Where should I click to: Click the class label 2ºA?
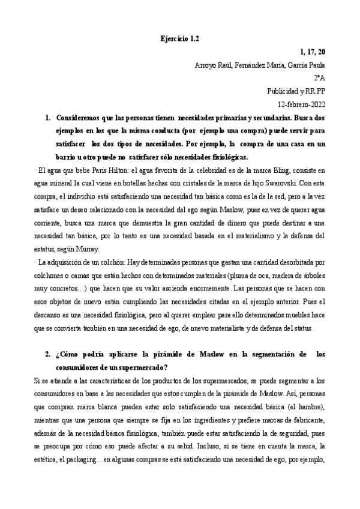pos(319,78)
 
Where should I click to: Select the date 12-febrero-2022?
pos(297,103)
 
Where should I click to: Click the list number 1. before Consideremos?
pos(49,118)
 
